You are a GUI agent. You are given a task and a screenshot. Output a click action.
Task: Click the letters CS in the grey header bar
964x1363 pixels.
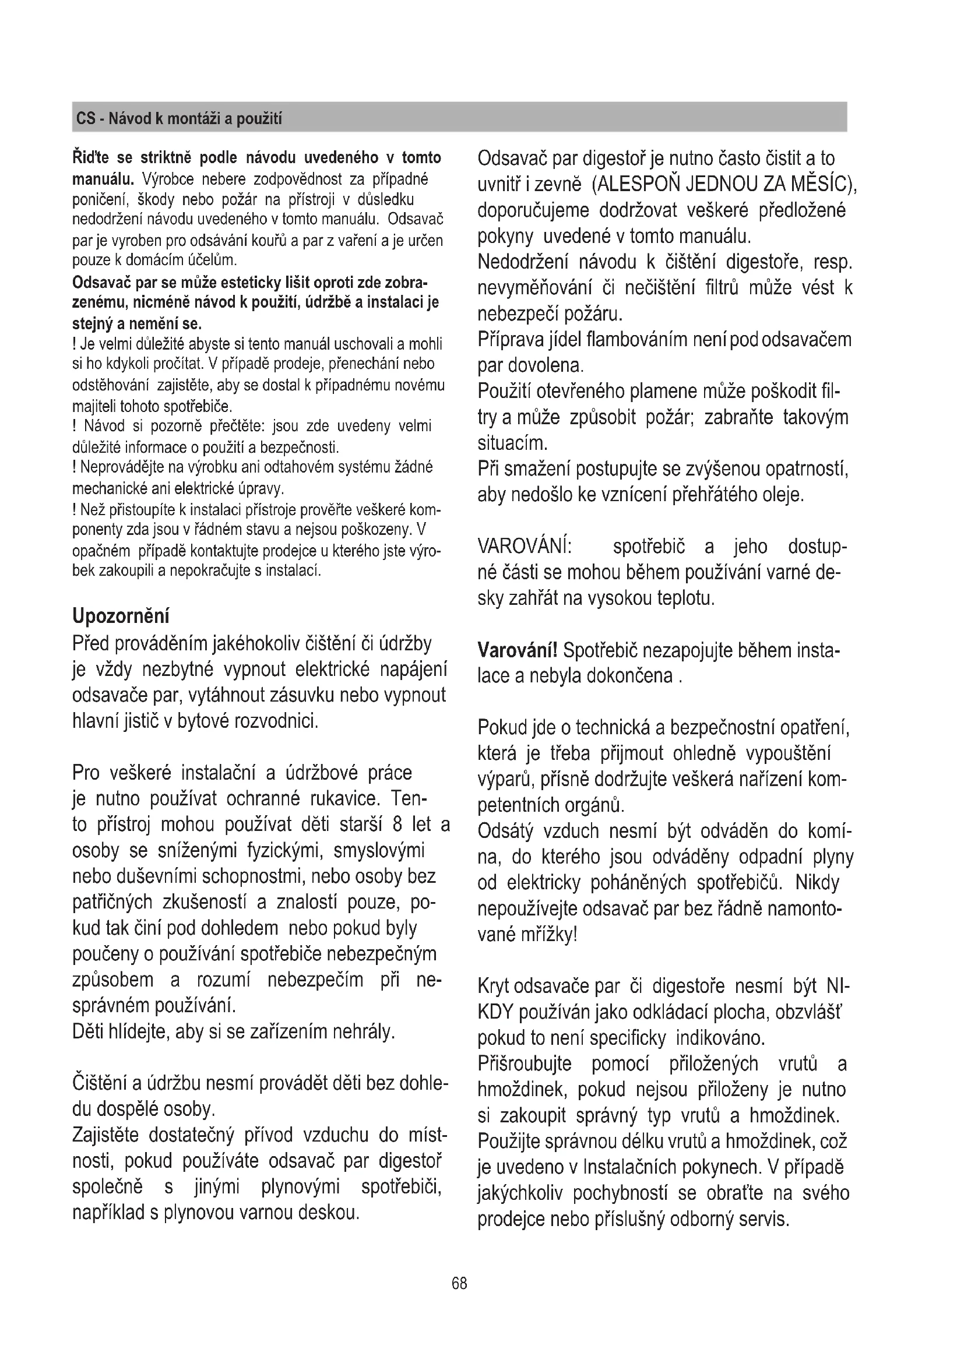click(x=86, y=119)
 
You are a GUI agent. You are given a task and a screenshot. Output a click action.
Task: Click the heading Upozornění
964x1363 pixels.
click(x=121, y=616)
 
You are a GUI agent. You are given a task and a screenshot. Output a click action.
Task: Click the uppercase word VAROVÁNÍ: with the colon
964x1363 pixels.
click(x=525, y=547)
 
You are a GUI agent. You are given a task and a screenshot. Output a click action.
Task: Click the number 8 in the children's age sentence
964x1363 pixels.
click(x=397, y=825)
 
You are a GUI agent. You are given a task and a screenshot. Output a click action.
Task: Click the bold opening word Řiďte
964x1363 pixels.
click(x=92, y=158)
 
